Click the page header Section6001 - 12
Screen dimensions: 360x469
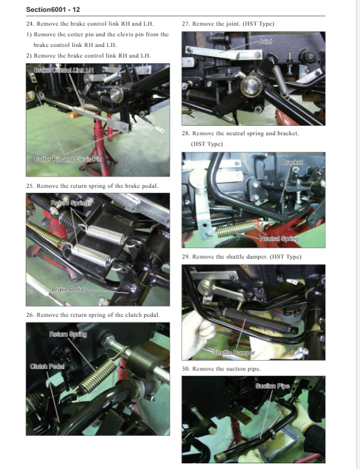pyautogui.click(x=53, y=9)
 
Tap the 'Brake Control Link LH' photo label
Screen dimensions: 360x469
pyautogui.click(x=64, y=70)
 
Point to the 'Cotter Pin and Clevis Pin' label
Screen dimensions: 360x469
pyautogui.click(x=68, y=159)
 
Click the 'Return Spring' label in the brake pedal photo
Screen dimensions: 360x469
pyautogui.click(x=69, y=203)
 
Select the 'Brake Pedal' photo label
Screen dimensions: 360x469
pyautogui.click(x=68, y=289)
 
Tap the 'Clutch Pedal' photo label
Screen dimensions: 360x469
pyautogui.click(x=47, y=366)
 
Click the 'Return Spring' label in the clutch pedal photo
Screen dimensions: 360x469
pyautogui.click(x=68, y=334)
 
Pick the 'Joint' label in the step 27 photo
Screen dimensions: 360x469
pyautogui.click(x=265, y=41)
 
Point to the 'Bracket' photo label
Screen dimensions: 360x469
pyautogui.click(x=292, y=162)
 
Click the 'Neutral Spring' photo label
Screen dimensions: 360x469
pyautogui.click(x=279, y=239)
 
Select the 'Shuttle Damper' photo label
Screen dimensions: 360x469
pyautogui.click(x=234, y=353)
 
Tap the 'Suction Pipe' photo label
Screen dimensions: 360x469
pyautogui.click(x=272, y=386)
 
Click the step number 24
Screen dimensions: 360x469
pyautogui.click(x=30, y=24)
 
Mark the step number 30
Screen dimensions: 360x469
pyautogui.click(x=186, y=369)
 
